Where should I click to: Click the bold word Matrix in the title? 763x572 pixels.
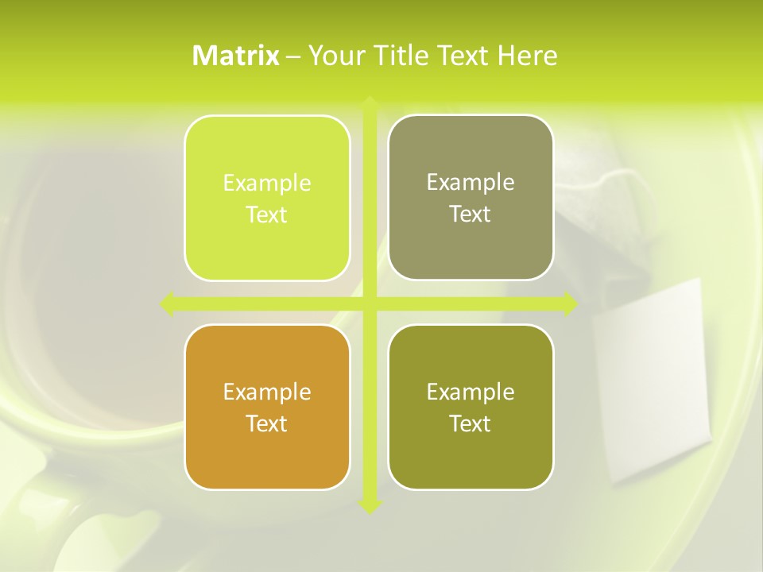pyautogui.click(x=236, y=56)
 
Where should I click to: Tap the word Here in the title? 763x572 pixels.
pyautogui.click(x=527, y=56)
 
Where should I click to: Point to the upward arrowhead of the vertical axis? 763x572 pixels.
pyautogui.click(x=370, y=103)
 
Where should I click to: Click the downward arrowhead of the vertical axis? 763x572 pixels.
pyautogui.click(x=370, y=506)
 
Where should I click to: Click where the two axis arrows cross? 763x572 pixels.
pyautogui.click(x=370, y=303)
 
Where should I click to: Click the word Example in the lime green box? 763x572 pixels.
pyautogui.click(x=267, y=184)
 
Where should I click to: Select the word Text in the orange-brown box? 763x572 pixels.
pyautogui.click(x=267, y=423)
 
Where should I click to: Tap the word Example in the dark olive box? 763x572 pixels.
pyautogui.click(x=471, y=392)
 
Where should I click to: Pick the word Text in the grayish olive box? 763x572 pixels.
pyautogui.click(x=471, y=214)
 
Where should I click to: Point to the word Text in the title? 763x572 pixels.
pyautogui.click(x=463, y=56)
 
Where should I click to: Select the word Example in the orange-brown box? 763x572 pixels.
pyautogui.click(x=267, y=392)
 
